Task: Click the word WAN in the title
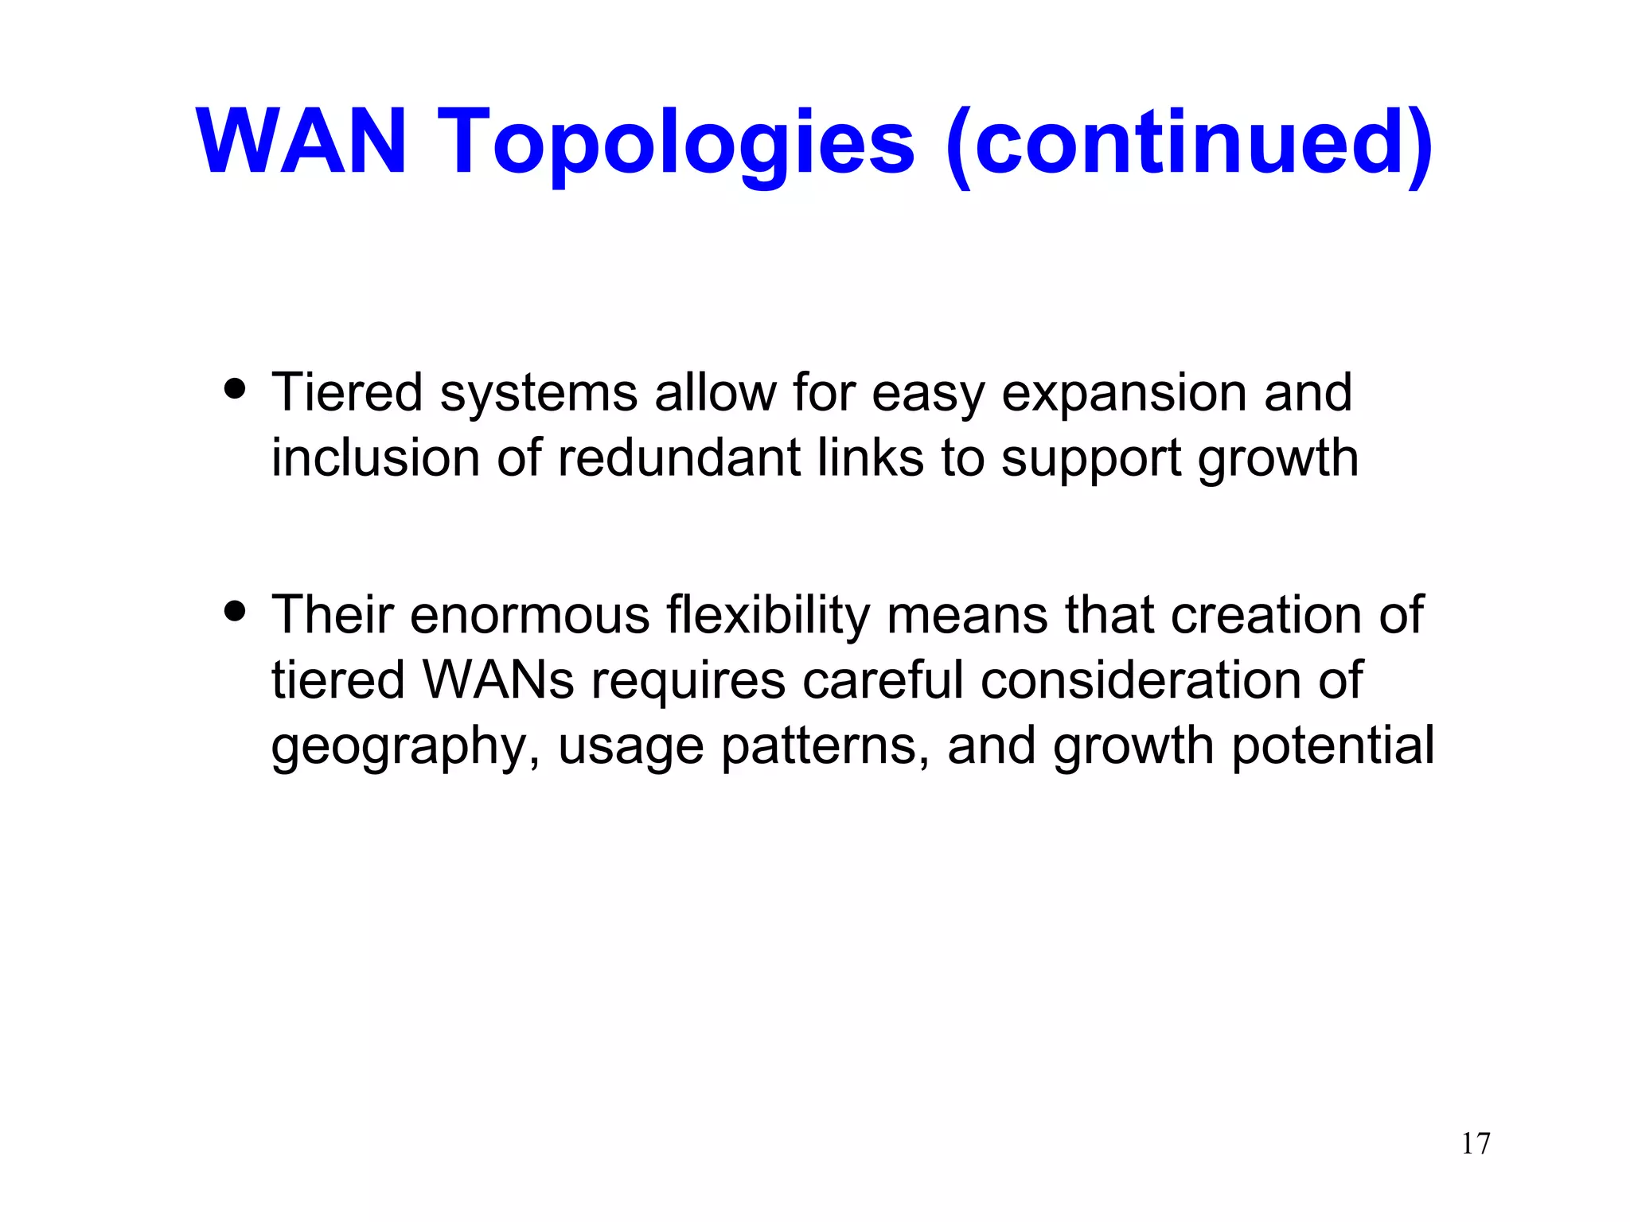[302, 142]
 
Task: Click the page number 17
[1475, 1143]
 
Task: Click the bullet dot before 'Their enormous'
[235, 612]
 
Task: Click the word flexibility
[768, 617]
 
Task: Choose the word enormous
[530, 617]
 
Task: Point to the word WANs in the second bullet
[498, 681]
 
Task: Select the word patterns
[825, 748]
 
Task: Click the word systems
[539, 394]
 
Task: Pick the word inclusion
[376, 458]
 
